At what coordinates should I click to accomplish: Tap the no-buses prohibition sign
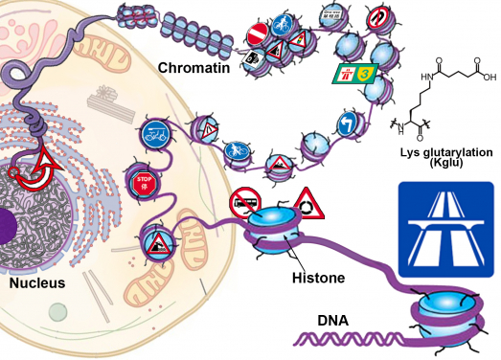pyautogui.click(x=241, y=202)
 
